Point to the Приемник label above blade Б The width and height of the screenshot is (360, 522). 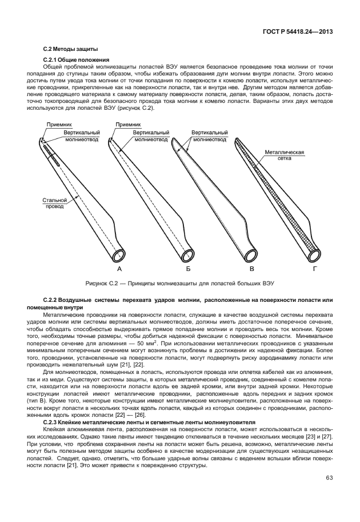(127, 124)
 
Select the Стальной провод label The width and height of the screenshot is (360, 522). (55, 203)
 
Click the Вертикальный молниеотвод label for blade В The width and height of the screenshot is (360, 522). (208, 135)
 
